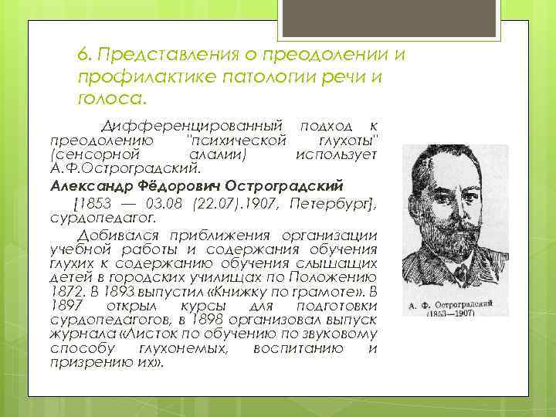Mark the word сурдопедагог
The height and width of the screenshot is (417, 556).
tap(96, 219)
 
